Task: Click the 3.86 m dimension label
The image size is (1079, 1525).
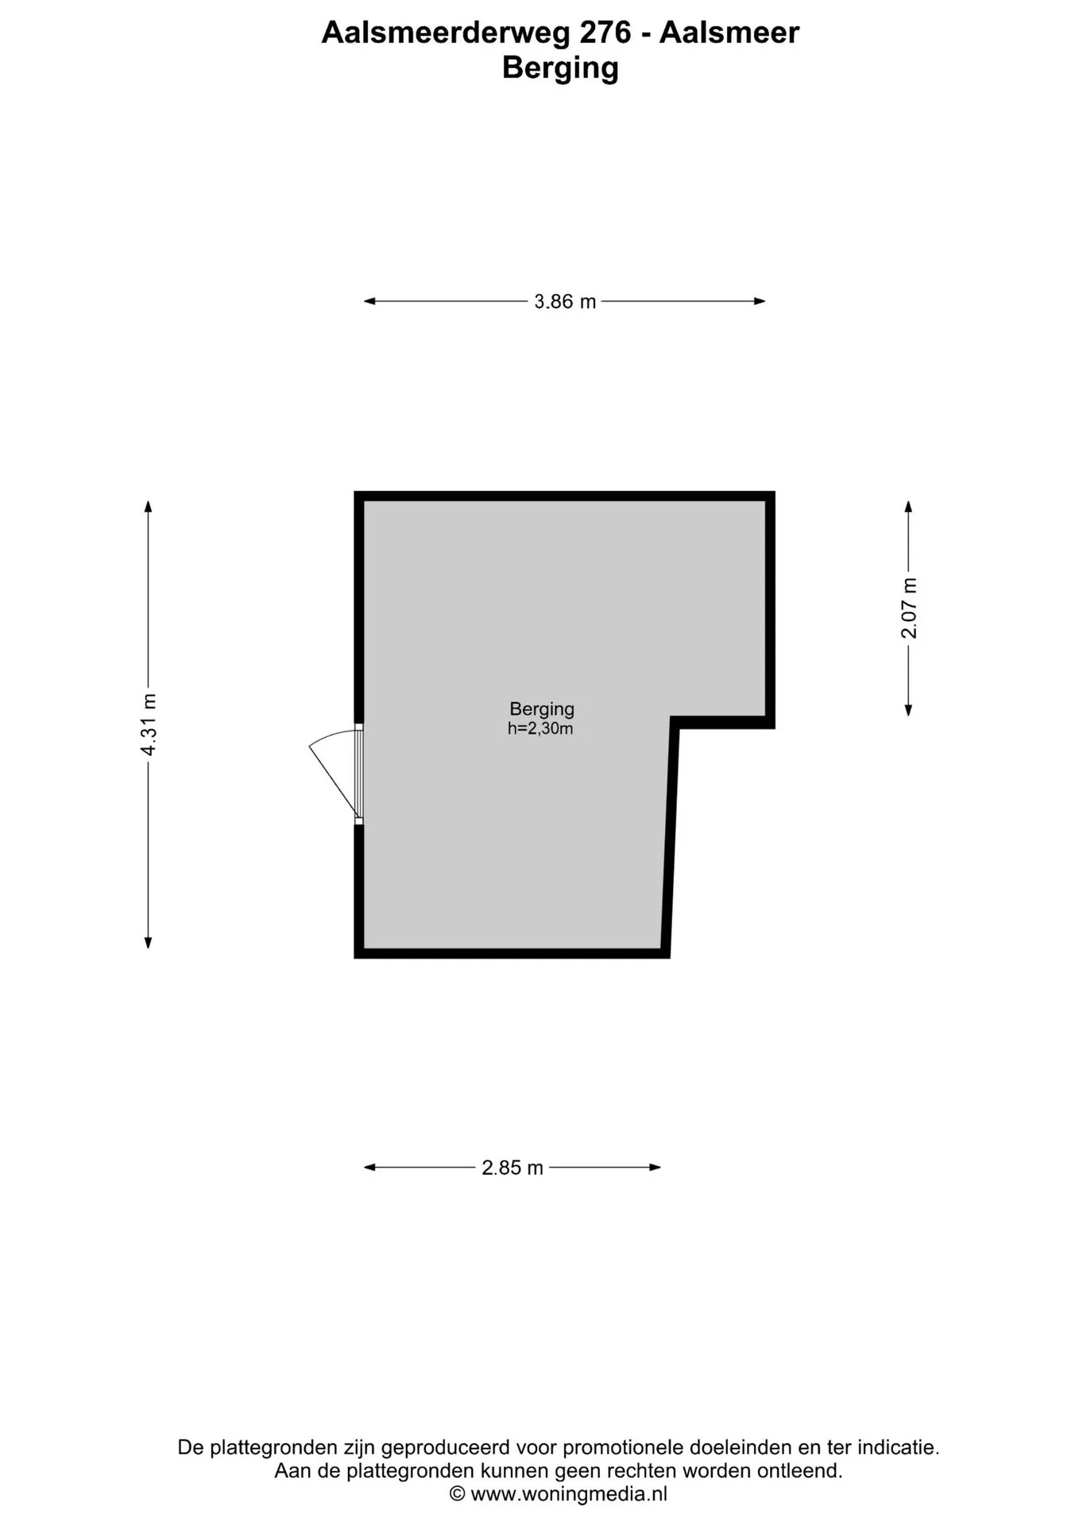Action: point(565,302)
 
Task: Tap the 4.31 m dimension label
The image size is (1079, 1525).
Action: point(149,724)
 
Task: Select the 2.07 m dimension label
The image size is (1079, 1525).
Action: point(909,608)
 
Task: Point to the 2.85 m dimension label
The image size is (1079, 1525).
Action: point(512,1168)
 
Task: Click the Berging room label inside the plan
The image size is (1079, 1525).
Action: point(542,709)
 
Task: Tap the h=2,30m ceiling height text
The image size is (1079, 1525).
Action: point(540,728)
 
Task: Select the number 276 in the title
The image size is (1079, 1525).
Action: point(605,33)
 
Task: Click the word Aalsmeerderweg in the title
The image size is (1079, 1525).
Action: point(446,33)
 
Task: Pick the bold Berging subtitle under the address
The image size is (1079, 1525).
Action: point(560,68)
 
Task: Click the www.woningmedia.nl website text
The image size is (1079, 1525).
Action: point(569,1493)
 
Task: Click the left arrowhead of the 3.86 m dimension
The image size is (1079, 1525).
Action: point(369,302)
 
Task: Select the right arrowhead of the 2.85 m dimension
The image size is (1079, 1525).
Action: point(656,1168)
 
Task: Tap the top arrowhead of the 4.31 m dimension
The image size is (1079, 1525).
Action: point(148,507)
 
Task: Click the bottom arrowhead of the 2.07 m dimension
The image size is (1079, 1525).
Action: point(909,710)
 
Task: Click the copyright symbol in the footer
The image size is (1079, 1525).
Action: point(457,1494)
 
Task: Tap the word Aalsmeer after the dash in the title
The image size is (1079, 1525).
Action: point(729,33)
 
